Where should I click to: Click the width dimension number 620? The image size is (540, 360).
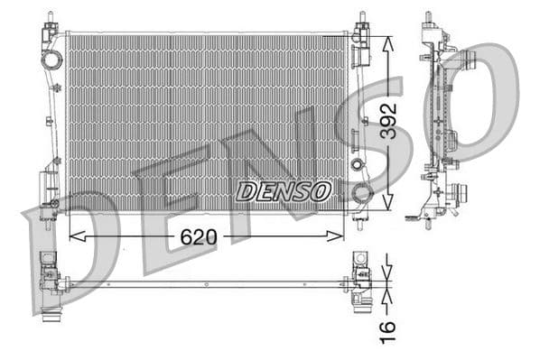coord(199,237)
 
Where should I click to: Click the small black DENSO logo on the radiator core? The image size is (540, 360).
coord(284,191)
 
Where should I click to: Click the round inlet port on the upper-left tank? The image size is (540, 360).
coord(51,60)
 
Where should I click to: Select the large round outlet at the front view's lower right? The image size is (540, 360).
coord(362,192)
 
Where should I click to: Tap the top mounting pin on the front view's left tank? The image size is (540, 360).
coord(48,18)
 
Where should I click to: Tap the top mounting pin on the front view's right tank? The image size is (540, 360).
coord(362,18)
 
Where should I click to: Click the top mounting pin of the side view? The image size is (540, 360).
coord(426,18)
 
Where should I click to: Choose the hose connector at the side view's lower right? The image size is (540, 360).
coord(461,193)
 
